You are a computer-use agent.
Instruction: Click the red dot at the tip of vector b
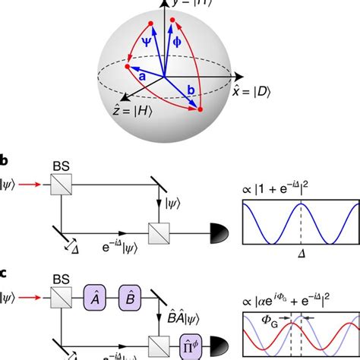pyautogui.click(x=201, y=109)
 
